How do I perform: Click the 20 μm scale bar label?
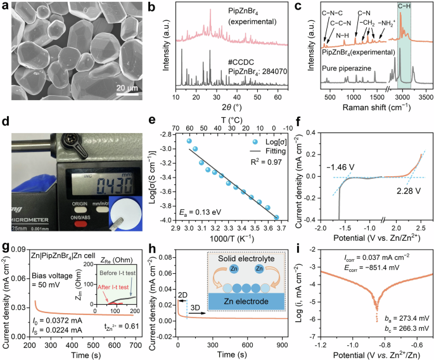pyautogui.click(x=126, y=87)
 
